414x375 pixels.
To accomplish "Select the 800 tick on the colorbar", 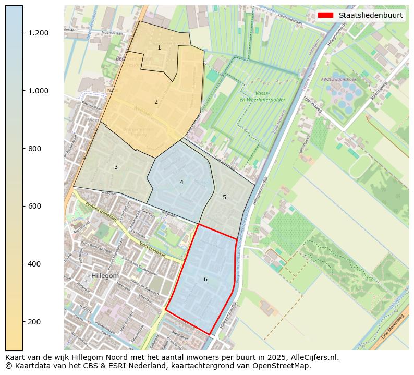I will pos(34,149).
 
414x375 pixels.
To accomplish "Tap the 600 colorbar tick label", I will pos(34,206).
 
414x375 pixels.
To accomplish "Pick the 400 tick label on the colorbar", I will pos(34,264).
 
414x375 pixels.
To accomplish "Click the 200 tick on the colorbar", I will pos(34,322).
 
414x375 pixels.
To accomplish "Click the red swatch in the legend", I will pos(326,15).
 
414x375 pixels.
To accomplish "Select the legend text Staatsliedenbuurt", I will pos(370,15).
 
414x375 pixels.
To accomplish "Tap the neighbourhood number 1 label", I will pos(159,48).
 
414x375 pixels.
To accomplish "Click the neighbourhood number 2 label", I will pos(156,102).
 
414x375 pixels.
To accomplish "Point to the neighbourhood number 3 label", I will pos(116,167).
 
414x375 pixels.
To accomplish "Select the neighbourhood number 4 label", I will pos(181,183).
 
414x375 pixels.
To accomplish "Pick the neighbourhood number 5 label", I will pos(224,198).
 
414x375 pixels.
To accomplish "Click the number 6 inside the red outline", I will pos(205,280).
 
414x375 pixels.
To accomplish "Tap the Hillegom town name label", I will pos(105,276).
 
